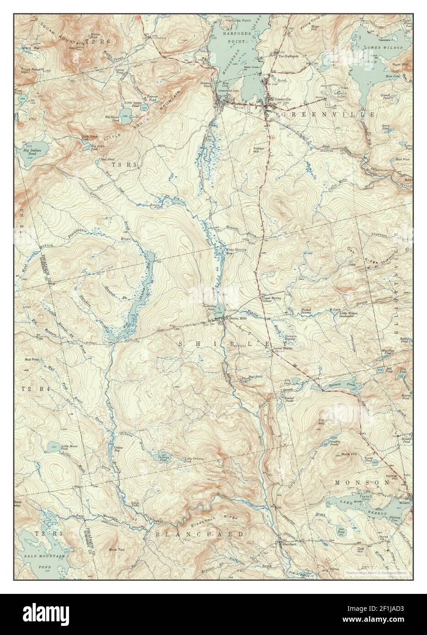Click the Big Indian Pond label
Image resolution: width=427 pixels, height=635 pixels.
pos(29,151)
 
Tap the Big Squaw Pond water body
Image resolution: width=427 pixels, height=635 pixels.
pos(124,112)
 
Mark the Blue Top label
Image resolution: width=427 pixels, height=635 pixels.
pos(116,550)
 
